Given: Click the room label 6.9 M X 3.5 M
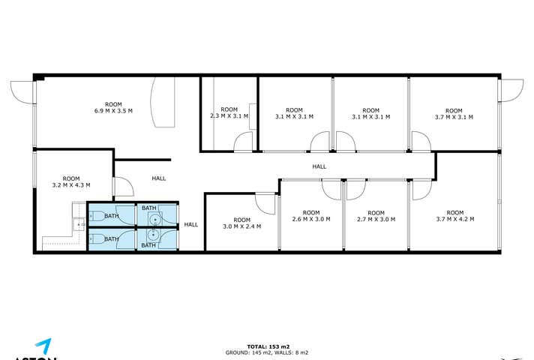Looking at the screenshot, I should tap(113, 107).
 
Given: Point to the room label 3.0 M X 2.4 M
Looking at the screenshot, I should tap(242, 223).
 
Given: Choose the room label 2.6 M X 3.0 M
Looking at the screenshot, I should tap(311, 216).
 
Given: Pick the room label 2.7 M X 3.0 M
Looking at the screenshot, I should tap(376, 216).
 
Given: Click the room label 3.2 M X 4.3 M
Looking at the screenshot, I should tap(71, 181).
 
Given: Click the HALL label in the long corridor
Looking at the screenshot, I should tap(319, 167).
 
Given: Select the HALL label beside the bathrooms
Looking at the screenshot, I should tap(191, 224).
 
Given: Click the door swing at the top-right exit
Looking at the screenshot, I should tap(513, 91).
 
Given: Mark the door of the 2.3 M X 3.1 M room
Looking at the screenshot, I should tap(243, 142).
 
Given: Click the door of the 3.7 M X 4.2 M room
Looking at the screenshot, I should tap(420, 189).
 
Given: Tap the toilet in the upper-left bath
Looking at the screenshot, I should tap(94, 217).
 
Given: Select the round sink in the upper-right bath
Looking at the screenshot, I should tap(155, 219).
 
